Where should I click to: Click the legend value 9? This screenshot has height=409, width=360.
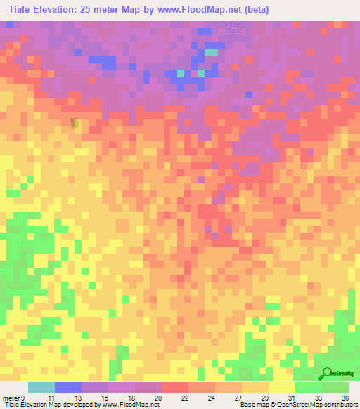pyautogui.click(x=23, y=397)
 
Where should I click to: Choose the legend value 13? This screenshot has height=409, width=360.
pyautogui.click(x=80, y=397)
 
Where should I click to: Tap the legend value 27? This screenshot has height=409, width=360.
pyautogui.click(x=239, y=397)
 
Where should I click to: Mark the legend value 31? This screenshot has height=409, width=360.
pyautogui.click(x=292, y=397)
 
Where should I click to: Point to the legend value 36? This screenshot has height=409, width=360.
pyautogui.click(x=345, y=397)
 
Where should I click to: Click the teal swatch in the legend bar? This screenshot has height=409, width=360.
pyautogui.click(x=41, y=387)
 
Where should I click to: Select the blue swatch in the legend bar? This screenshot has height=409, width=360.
pyautogui.click(x=68, y=387)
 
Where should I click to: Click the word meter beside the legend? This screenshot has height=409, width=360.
pyautogui.click(x=11, y=397)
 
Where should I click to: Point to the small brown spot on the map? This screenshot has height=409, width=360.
pyautogui.click(x=74, y=123)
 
